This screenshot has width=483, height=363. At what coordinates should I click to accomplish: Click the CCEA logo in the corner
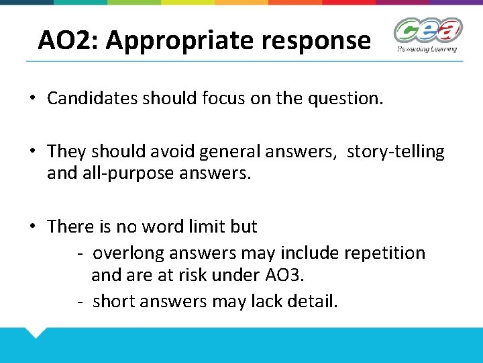427,31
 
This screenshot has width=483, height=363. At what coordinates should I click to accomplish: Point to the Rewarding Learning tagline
427,48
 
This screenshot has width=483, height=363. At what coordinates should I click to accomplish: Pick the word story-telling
395,152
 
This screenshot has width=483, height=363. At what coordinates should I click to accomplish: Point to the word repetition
384,253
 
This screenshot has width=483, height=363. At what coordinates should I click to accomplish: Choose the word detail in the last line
311,301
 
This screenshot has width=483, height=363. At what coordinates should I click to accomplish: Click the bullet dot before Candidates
32,98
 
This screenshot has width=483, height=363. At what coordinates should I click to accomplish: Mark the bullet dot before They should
32,152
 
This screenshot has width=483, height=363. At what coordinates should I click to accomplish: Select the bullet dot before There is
32,227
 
